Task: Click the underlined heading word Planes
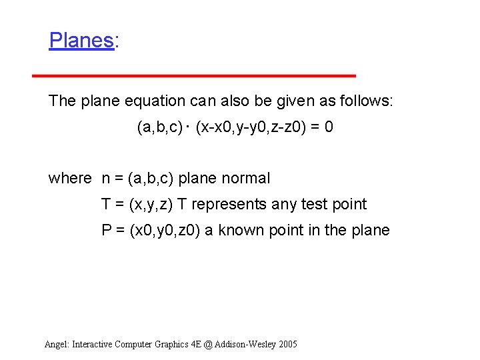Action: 81,41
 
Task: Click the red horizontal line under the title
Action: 194,76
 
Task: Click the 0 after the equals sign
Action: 329,127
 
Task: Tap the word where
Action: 69,178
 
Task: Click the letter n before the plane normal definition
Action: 106,179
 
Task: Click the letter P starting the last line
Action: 106,230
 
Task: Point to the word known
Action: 240,230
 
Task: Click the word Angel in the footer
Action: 56,344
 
